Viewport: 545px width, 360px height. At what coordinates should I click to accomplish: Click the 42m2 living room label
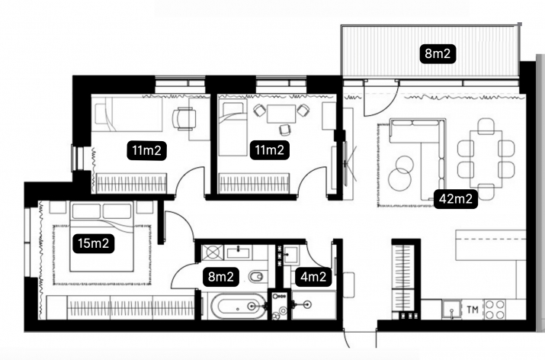point(456,199)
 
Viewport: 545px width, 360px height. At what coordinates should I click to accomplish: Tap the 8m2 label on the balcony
point(438,53)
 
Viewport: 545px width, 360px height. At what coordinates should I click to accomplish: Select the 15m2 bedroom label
point(94,243)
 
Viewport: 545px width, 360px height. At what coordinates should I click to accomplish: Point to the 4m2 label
point(313,277)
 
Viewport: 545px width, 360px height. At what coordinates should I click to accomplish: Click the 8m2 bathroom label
point(221,277)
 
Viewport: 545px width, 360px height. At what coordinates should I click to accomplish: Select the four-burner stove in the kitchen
point(495,309)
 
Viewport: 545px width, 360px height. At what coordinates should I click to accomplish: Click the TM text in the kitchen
point(473,309)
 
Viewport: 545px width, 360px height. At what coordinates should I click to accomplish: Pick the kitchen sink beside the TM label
point(451,310)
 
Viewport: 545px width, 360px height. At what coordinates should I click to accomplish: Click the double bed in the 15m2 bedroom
point(101,236)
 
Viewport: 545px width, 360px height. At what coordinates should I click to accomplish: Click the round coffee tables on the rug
point(401,172)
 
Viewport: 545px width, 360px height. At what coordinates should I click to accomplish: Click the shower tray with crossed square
point(213,251)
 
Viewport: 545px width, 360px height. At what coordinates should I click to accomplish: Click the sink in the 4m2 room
point(290,254)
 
